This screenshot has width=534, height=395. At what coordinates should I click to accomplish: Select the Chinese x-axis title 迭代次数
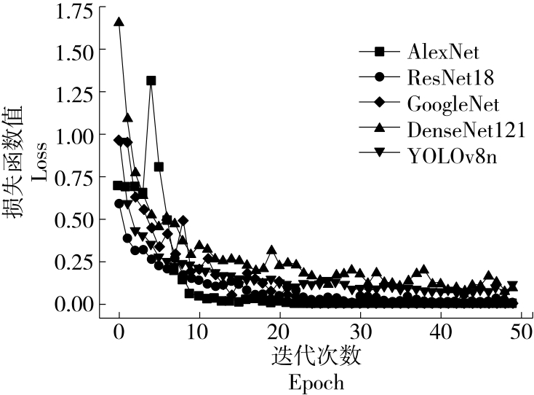tap(316, 357)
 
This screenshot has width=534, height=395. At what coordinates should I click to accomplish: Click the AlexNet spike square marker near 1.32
tap(151, 81)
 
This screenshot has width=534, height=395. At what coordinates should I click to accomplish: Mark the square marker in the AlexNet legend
tap(378, 52)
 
